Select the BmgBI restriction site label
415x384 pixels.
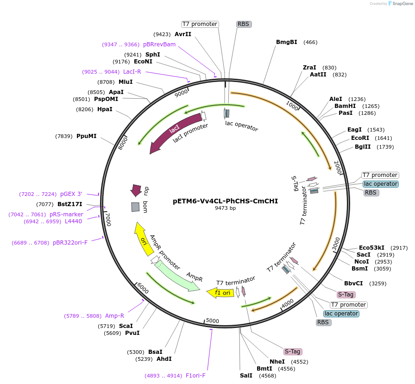(x=287, y=42)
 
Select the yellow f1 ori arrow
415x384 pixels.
(x=221, y=293)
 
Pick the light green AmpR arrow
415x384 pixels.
(x=179, y=277)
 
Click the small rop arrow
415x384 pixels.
(x=136, y=190)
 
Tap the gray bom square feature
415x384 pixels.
(x=135, y=207)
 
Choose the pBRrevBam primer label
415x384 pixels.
(x=159, y=44)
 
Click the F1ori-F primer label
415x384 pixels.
(x=195, y=376)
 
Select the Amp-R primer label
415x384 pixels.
(x=114, y=316)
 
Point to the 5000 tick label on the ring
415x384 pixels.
(x=212, y=321)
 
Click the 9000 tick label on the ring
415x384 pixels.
(x=181, y=92)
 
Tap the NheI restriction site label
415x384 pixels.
(x=277, y=362)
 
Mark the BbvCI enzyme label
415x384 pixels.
(x=353, y=283)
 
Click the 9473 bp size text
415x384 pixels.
(x=225, y=208)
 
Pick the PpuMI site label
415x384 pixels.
(x=87, y=136)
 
